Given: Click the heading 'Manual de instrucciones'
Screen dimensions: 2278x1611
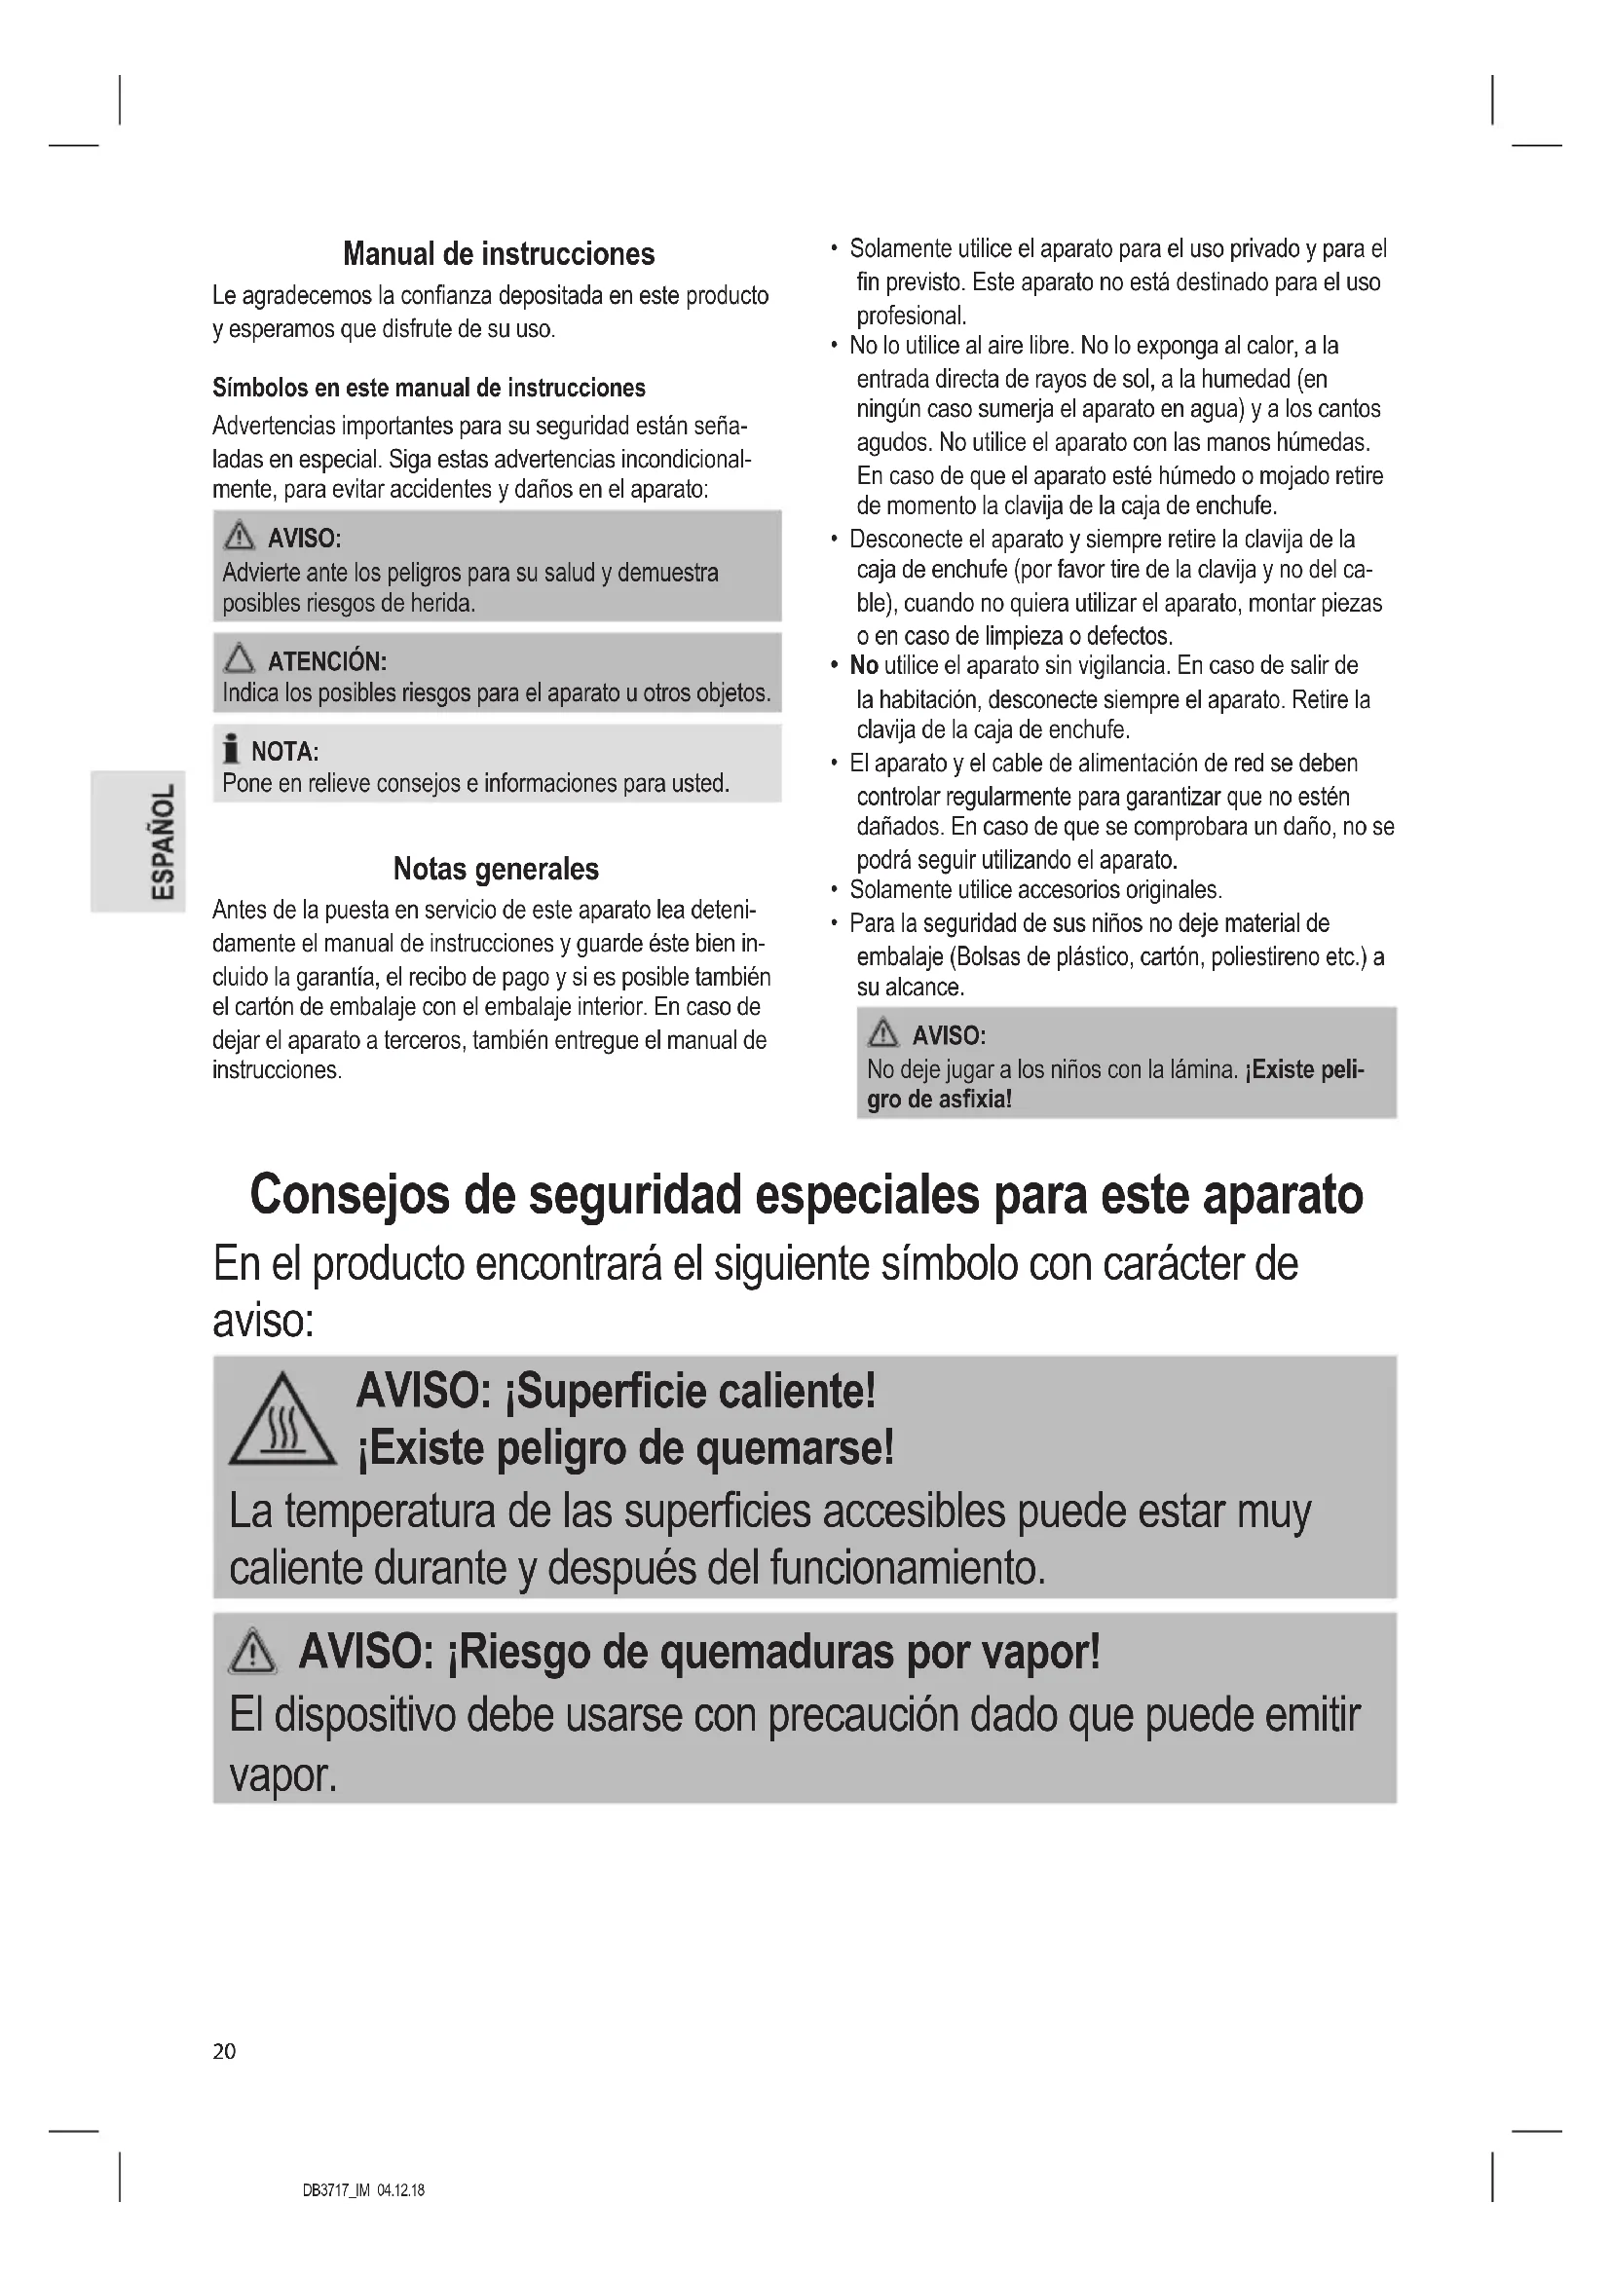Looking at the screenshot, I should (x=498, y=254).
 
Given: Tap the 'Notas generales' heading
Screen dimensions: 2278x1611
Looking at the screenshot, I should (x=496, y=869).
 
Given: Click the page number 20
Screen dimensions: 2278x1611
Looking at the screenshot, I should (x=224, y=2051).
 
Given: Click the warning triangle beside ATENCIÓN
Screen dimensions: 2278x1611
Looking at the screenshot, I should (x=239, y=658).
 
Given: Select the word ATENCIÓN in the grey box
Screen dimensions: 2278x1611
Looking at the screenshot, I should (x=326, y=661).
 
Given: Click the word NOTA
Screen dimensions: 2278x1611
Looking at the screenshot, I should (x=283, y=751).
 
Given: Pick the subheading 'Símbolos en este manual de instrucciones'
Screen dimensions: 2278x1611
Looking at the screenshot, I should (x=429, y=388).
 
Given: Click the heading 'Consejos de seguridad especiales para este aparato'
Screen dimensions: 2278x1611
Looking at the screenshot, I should (x=805, y=1195).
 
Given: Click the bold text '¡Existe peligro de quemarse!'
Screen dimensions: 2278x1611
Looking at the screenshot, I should (x=625, y=1449).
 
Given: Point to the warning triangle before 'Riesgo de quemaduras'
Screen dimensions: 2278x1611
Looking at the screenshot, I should (x=253, y=1654).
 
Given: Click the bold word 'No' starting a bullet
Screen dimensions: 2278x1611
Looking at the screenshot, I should (x=863, y=666).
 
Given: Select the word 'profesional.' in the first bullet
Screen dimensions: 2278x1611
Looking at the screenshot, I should (x=911, y=317).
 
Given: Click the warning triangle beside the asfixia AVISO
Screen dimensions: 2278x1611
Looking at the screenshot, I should (x=881, y=1035).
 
